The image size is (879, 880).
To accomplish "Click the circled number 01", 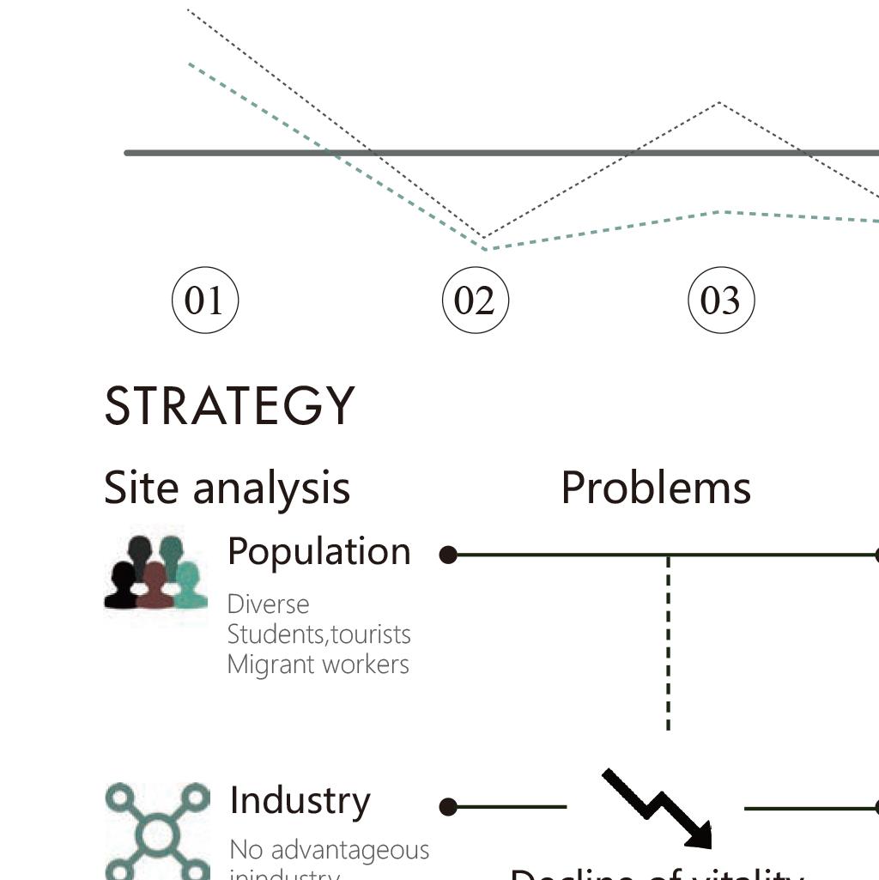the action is (204, 300).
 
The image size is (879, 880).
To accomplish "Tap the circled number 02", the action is (475, 300).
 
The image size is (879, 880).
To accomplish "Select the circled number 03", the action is (720, 300).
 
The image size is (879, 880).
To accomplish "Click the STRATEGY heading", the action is (229, 406).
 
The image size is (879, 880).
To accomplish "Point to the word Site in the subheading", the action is (141, 488).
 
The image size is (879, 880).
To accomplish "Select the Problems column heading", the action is (656, 488).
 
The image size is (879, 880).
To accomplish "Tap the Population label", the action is (319, 552).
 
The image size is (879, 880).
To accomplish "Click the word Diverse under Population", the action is (268, 604).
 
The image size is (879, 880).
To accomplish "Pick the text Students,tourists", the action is (318, 634).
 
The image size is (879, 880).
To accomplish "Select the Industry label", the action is (300, 800).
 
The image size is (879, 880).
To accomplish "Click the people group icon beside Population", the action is (155, 573).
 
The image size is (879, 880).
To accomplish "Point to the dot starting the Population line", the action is (447, 555).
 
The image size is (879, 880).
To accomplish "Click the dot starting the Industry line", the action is (447, 807).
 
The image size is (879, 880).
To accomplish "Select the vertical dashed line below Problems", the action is (668, 644).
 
